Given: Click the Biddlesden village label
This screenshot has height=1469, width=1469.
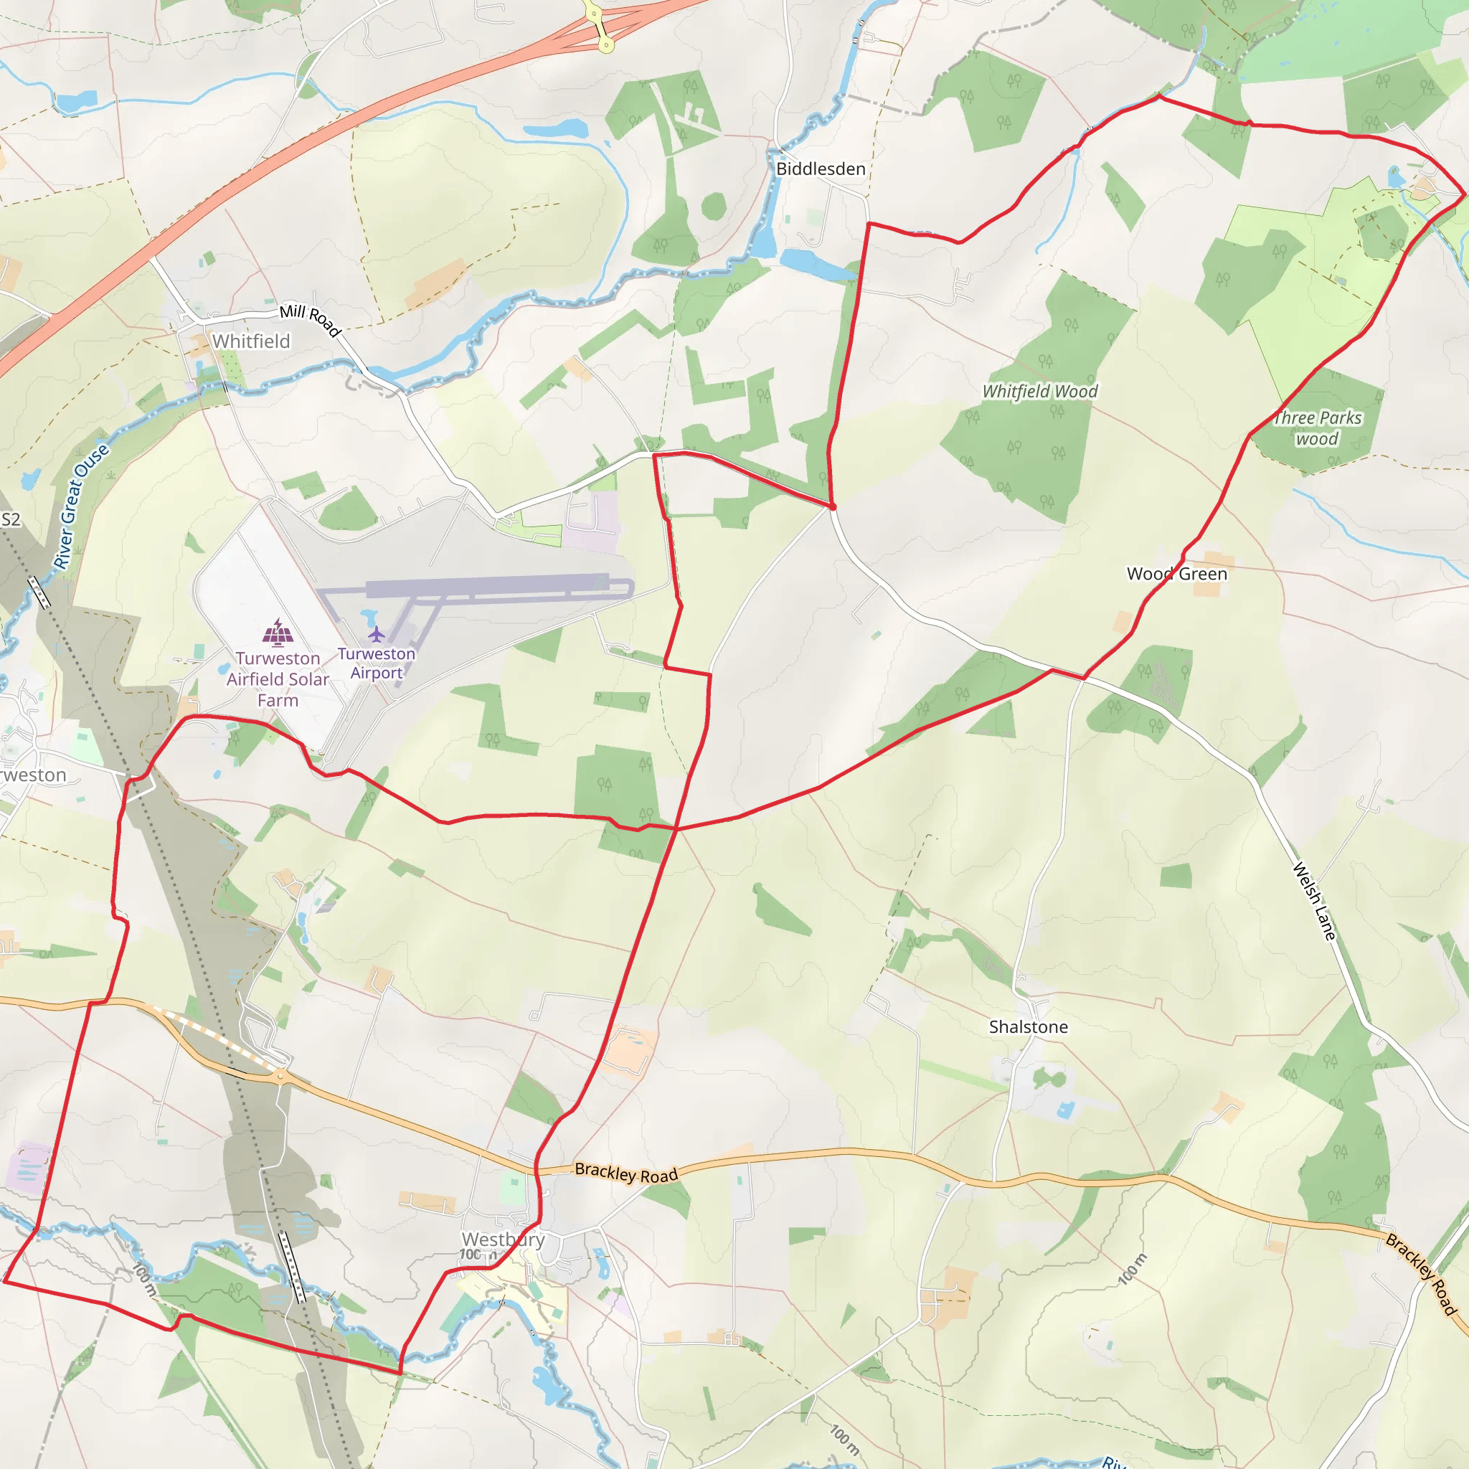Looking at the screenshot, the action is pos(821,169).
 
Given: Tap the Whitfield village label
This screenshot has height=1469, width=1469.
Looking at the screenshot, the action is pos(251,341).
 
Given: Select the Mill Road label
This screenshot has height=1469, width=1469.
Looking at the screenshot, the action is pos(310,319).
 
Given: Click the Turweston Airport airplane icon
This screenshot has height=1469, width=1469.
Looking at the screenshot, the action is pos(377,633).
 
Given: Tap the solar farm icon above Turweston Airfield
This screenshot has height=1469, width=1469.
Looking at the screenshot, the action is pos(278,633).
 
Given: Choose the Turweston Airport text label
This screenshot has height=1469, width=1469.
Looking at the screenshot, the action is pos(377,663).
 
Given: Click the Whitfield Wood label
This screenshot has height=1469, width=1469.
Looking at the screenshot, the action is pos(1040,392).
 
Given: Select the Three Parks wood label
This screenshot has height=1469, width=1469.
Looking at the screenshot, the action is pos(1318,428).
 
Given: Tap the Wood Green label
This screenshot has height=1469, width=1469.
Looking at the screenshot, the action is pos(1177,574).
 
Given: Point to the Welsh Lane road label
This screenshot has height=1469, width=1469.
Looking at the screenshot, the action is pos(1314,902).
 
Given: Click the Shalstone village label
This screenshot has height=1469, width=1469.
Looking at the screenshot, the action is pos(1028,1027).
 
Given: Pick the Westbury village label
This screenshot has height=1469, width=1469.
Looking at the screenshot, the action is pos(504,1239).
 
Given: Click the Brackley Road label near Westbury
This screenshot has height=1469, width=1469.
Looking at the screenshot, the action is pos(625,1173).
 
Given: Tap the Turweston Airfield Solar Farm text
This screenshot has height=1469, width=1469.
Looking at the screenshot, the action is pos(278,679).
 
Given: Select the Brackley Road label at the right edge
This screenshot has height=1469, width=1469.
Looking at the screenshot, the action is pos(1420,1275).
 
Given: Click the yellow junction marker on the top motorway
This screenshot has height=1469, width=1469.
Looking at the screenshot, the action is pos(606,46).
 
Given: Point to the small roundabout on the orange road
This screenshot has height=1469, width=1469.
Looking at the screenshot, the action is pos(281,1075).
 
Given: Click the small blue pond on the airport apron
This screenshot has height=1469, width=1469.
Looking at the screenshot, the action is pos(369,615).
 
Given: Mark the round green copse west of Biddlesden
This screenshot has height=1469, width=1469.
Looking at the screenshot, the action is pos(713,206).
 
